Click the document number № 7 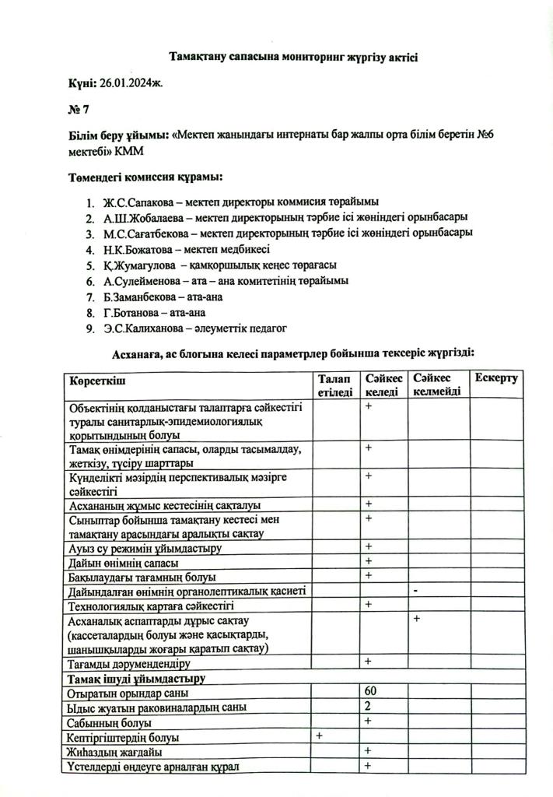[x=78, y=110]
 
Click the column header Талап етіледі [x=335, y=384]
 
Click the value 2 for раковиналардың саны [x=366, y=707]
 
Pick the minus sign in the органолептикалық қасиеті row [x=417, y=591]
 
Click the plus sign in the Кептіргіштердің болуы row [x=319, y=736]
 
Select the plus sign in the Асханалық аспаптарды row [x=417, y=619]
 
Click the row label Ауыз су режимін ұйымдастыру [x=145, y=548]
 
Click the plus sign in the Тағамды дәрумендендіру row [x=368, y=662]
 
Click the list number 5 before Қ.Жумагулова [x=90, y=265]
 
